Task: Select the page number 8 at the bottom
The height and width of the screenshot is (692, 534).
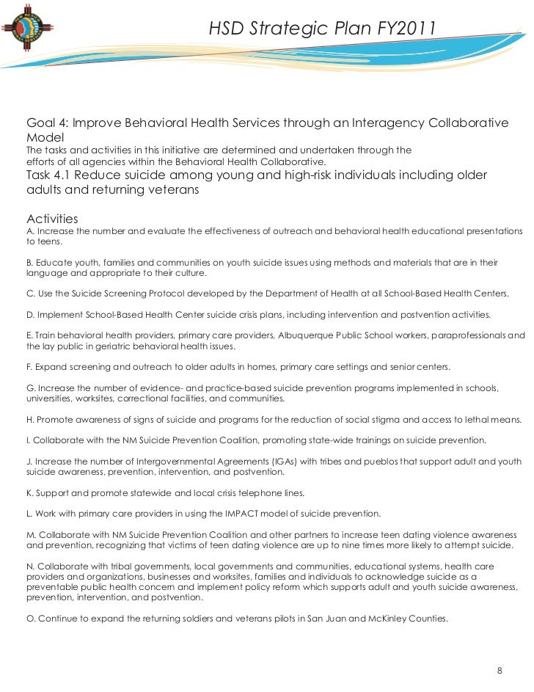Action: click(500, 671)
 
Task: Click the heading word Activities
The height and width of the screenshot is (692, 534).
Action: click(52, 219)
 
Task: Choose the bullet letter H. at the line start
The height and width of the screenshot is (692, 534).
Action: click(30, 420)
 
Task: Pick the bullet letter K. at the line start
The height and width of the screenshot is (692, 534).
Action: click(30, 492)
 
